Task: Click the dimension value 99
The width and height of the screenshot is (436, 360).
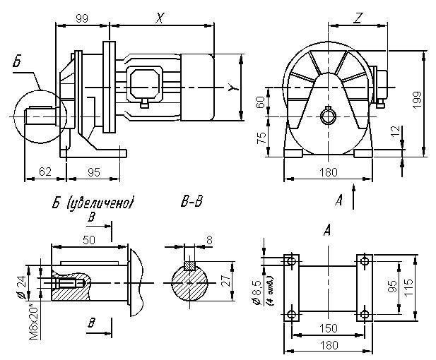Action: (81, 19)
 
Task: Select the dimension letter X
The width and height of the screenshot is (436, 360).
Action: (160, 19)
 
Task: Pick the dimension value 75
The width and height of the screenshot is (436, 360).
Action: (261, 136)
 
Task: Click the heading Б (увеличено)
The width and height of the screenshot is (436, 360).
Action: (93, 203)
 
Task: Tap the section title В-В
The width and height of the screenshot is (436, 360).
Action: (192, 203)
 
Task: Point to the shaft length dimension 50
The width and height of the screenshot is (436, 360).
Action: (90, 241)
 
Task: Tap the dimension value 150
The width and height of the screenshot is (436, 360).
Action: (328, 329)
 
